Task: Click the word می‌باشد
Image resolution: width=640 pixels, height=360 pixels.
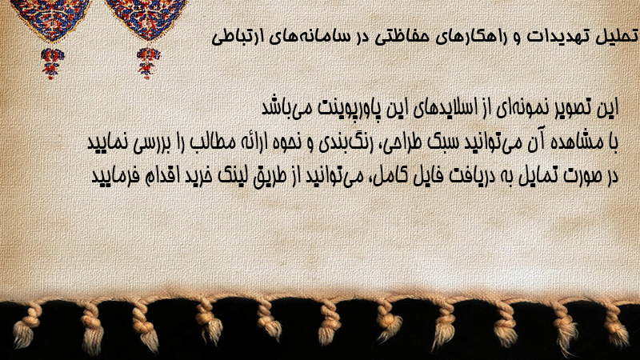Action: point(282,108)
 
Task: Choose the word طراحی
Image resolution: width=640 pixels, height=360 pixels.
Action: point(403,142)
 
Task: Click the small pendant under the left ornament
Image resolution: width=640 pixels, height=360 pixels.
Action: point(52,63)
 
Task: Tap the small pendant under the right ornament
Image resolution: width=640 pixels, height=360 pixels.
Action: point(148,63)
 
